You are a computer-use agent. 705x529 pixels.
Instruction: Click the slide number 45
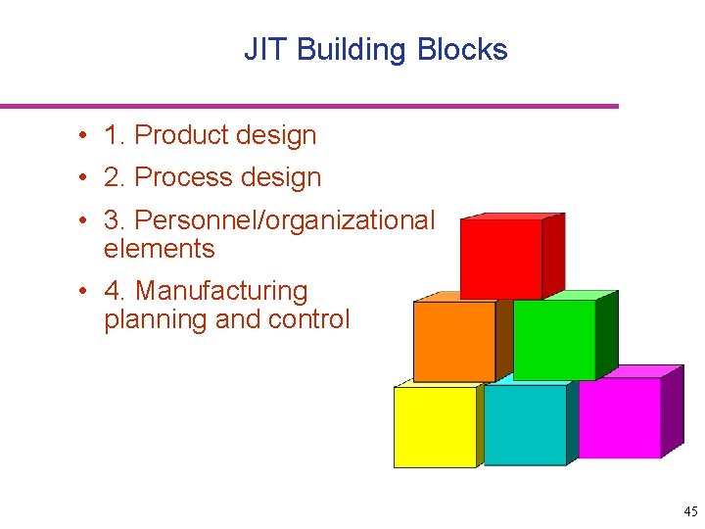(690, 511)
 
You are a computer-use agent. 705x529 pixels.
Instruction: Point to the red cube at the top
(501, 259)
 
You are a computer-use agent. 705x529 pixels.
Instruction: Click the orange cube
(454, 341)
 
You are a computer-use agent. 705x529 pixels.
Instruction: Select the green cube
(554, 339)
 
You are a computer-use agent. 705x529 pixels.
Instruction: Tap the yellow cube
(435, 426)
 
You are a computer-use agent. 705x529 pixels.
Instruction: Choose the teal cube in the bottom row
(525, 424)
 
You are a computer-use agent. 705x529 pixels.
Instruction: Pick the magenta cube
(620, 417)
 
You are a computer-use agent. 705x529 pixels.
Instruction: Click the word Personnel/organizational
(284, 220)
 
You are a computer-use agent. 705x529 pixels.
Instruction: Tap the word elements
(159, 249)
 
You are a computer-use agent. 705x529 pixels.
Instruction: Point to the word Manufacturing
(221, 291)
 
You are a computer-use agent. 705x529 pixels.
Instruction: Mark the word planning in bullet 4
(146, 319)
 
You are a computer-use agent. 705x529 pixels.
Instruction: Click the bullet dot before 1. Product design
(87, 136)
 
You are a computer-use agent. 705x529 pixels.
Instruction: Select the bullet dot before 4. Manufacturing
(87, 292)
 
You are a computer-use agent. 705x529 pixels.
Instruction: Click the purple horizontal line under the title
(309, 106)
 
